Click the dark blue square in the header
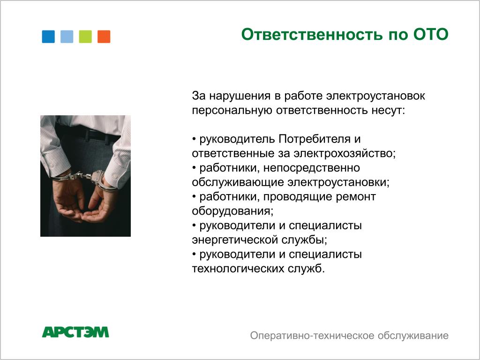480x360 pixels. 48,37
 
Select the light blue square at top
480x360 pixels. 67,37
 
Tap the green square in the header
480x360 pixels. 85,37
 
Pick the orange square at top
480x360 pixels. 104,37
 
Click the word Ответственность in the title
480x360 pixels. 312,34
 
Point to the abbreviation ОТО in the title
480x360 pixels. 431,34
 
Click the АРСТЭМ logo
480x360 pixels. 75,332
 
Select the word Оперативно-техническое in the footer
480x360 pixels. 312,336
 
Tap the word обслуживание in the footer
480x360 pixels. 413,336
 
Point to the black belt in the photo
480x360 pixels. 89,134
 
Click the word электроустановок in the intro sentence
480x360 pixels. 375,96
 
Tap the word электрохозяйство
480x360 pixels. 345,154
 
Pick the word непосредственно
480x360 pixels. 312,168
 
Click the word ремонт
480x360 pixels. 356,197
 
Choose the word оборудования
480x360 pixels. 232,211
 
